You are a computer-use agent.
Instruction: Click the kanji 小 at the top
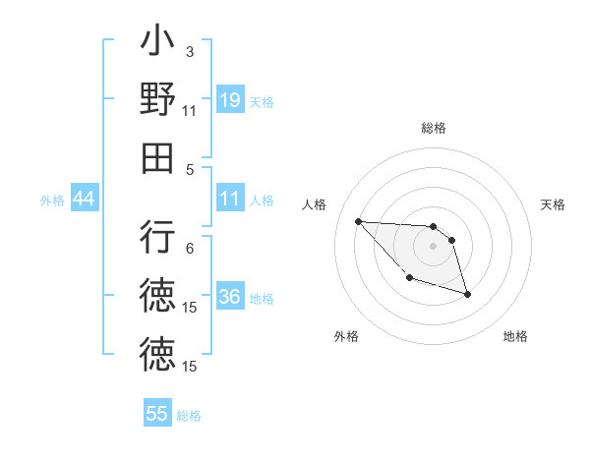pos(157,43)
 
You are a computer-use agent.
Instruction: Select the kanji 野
pos(157,100)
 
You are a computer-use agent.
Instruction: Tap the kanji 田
pos(157,157)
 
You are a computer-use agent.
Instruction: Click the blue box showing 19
pos(230,99)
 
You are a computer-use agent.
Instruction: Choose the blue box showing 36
pos(230,297)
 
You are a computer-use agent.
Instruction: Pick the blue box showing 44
pos(85,199)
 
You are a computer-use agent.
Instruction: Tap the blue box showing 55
pos(157,414)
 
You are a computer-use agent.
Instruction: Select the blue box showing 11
pos(230,199)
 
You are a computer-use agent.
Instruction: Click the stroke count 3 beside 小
pos(189,51)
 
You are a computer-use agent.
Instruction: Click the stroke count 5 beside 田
pos(189,168)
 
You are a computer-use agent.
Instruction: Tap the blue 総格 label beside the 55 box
pos(189,415)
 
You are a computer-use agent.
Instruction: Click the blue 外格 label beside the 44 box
pos(52,200)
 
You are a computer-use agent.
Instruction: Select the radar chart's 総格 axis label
pos(434,128)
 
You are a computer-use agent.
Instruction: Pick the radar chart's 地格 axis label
pos(515,336)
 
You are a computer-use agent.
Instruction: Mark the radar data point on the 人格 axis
pos(359,221)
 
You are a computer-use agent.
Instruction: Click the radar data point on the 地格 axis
pos(467,294)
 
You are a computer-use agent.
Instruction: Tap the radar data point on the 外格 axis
pos(409,279)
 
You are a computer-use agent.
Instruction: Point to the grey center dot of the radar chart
pos(434,246)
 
